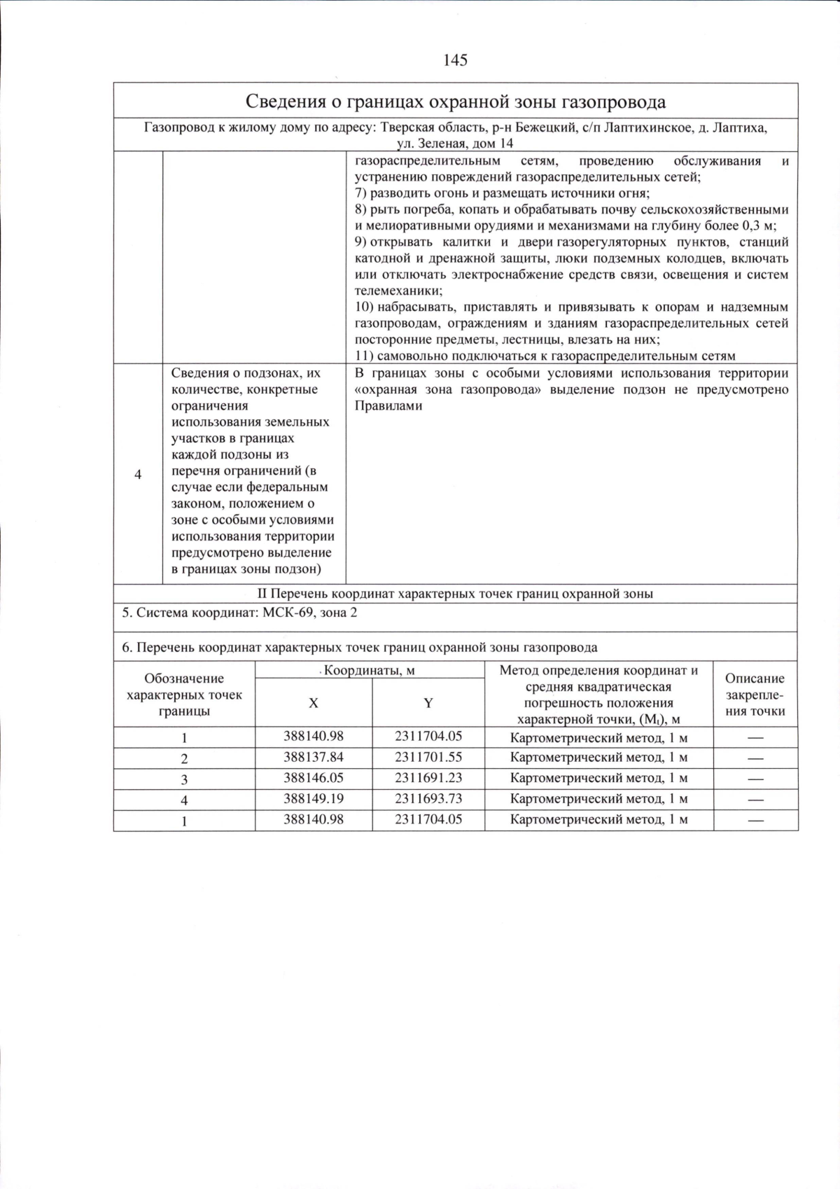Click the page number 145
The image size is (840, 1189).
pyautogui.click(x=455, y=60)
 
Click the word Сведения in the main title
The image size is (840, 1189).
pyautogui.click(x=283, y=102)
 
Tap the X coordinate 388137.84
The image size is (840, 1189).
pyautogui.click(x=313, y=757)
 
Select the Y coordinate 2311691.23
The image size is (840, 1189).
pyautogui.click(x=428, y=778)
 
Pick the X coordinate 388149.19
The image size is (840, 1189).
pyautogui.click(x=313, y=798)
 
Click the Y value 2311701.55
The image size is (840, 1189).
pyautogui.click(x=428, y=757)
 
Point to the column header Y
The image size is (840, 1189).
pyautogui.click(x=428, y=703)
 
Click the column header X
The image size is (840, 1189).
pyautogui.click(x=313, y=703)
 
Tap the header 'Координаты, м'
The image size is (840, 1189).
pyautogui.click(x=370, y=670)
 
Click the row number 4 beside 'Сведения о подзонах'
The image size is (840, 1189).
pyautogui.click(x=138, y=475)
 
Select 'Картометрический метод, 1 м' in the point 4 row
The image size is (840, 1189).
pyautogui.click(x=598, y=799)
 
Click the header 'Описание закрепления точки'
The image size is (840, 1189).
pyautogui.click(x=755, y=695)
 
